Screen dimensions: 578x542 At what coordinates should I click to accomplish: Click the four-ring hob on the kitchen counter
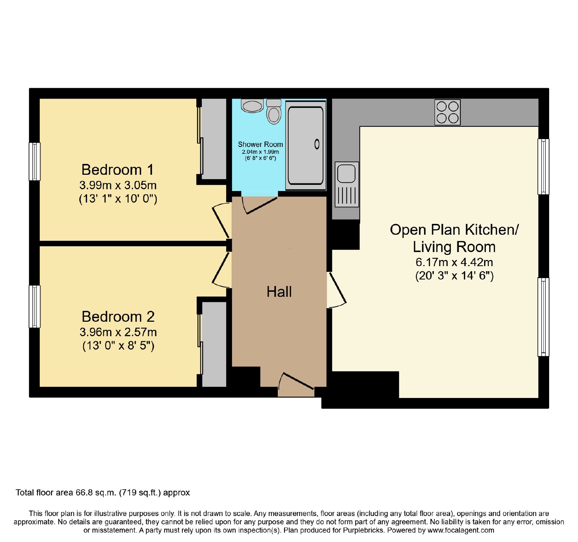click(x=448, y=112)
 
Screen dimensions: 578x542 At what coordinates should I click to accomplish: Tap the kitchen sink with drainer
click(x=347, y=184)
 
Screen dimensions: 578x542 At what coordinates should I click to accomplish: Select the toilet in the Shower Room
click(x=274, y=112)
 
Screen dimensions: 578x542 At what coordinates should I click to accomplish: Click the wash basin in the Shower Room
click(x=252, y=106)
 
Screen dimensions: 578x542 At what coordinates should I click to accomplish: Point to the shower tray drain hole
click(x=317, y=144)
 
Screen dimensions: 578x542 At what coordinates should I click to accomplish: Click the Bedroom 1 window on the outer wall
click(x=35, y=161)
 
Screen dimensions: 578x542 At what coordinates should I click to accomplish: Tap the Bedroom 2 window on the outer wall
click(x=35, y=307)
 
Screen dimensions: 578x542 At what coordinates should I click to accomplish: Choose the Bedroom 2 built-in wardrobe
click(x=214, y=344)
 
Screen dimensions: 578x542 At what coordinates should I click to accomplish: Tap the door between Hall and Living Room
click(x=337, y=290)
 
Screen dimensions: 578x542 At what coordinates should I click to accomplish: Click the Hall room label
click(x=279, y=292)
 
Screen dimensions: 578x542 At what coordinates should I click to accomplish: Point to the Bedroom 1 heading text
click(x=118, y=170)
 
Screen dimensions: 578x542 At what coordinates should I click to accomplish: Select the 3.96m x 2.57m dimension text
click(x=118, y=332)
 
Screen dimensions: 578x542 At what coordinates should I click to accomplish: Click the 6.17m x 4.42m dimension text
click(x=454, y=262)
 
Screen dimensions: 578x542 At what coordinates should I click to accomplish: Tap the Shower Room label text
click(x=260, y=144)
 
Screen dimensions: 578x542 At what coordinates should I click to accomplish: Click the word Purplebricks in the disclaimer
click(x=361, y=530)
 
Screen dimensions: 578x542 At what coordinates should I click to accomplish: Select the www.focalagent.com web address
click(x=461, y=530)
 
